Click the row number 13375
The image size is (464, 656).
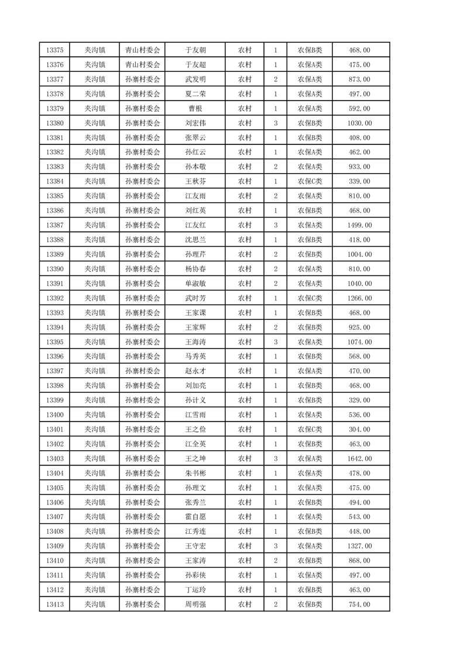tap(54, 50)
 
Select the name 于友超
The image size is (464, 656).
tap(195, 65)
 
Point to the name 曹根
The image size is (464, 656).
tap(195, 109)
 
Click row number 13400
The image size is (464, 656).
tap(54, 415)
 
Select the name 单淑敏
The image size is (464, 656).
tap(195, 284)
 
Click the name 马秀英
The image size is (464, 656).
tap(195, 357)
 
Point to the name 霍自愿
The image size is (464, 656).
tap(195, 517)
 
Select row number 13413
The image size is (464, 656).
tap(54, 605)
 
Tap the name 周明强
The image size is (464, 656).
tap(195, 605)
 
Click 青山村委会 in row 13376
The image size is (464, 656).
tap(143, 65)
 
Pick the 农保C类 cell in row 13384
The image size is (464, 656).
tap(310, 181)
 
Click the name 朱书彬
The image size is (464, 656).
tap(195, 473)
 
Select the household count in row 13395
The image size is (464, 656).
tap(276, 342)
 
